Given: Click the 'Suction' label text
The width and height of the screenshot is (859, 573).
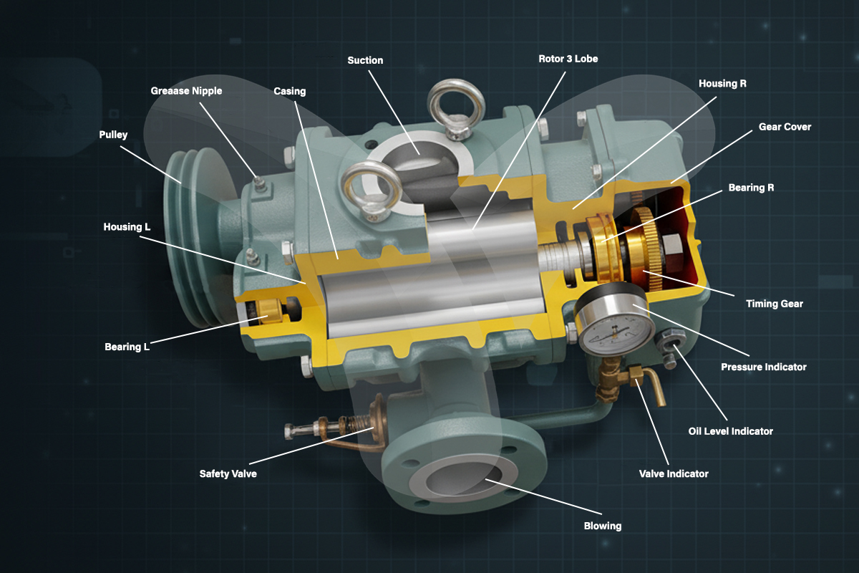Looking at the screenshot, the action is point(365,60).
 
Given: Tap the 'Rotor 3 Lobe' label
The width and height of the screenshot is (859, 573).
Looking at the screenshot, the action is point(568,59).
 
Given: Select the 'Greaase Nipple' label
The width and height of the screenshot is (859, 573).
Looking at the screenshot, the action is point(186,91).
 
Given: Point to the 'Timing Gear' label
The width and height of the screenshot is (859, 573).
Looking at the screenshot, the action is point(775,304).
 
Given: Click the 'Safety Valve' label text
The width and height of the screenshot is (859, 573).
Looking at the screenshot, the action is point(228,473).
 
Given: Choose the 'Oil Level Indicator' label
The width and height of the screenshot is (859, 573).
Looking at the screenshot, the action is point(731,431).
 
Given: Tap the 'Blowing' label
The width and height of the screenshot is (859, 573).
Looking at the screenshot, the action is point(603,526).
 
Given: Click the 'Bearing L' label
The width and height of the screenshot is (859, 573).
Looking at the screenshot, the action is point(127,347).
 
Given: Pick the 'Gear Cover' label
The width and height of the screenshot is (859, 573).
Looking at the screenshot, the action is point(785,127).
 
